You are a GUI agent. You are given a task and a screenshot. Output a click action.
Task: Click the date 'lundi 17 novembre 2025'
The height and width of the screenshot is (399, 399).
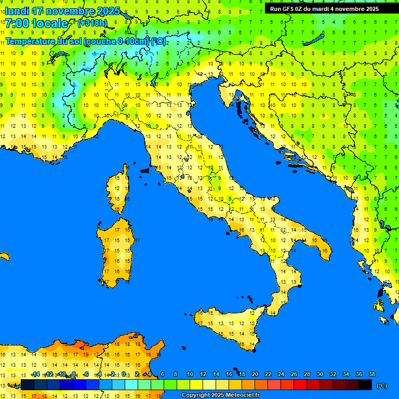62,11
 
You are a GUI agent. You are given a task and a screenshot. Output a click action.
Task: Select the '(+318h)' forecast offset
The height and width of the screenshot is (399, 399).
92,23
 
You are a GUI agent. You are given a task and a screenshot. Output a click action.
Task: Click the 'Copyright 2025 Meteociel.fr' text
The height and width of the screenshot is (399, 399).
220,395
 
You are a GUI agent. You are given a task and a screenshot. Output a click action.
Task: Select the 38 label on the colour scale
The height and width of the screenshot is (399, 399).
371,374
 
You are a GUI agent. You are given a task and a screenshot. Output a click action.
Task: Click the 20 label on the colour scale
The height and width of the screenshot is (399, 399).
255,374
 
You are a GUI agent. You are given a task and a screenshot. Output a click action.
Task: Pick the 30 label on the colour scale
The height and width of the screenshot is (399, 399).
320,374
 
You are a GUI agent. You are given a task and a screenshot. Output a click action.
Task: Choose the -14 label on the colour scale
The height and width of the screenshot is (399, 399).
35,374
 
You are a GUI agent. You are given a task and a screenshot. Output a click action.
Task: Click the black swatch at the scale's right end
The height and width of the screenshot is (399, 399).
365,384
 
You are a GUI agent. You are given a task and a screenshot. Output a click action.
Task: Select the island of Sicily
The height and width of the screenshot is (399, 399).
229,325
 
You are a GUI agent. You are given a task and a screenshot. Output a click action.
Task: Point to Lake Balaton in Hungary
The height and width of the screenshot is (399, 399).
315,40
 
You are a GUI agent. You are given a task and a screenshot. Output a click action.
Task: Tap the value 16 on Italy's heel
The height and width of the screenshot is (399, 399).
324,251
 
